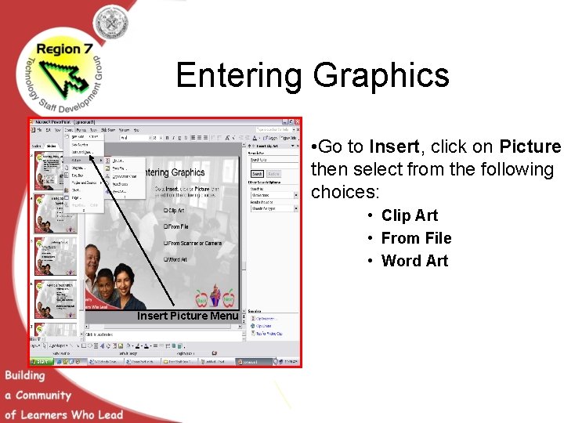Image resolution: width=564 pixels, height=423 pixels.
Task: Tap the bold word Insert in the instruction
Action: [394, 147]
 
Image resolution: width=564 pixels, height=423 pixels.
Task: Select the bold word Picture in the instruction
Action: [530, 147]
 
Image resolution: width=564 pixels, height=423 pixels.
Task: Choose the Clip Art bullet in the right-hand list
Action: [409, 215]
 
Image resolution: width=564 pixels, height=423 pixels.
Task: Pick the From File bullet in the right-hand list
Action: [416, 238]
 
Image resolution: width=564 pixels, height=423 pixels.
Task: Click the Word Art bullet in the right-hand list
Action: [414, 261]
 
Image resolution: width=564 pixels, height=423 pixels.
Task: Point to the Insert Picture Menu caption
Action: [187, 316]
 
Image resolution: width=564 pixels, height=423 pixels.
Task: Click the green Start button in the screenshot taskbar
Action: [39, 362]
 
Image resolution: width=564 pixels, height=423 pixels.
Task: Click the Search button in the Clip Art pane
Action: [256, 174]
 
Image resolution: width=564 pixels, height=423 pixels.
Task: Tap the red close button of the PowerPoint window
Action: [296, 122]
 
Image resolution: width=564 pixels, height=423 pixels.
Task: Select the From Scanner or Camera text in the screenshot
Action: [193, 243]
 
